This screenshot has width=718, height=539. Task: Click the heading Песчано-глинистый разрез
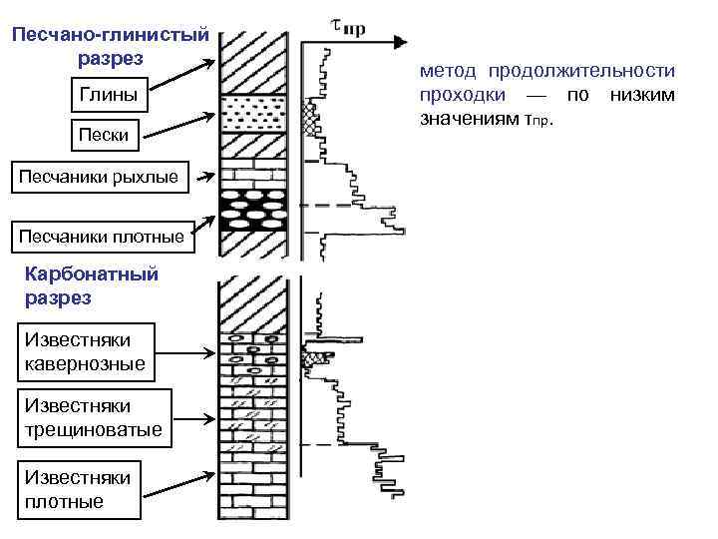[x=110, y=46]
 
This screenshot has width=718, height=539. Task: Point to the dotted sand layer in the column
[x=254, y=114]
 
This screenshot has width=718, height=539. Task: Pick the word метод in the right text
[x=447, y=72]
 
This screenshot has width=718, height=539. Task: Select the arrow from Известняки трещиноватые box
[x=189, y=420]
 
